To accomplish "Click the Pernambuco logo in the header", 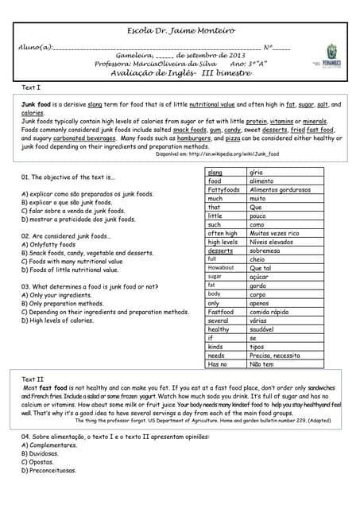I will click(332, 62).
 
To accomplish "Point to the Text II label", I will click(33, 379).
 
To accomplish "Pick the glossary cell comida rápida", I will click(270, 312).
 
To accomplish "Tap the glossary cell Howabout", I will click(220, 268).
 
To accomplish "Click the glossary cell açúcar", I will click(260, 277).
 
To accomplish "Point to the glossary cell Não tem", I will click(261, 364).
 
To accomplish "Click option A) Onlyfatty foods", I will click(54, 244).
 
